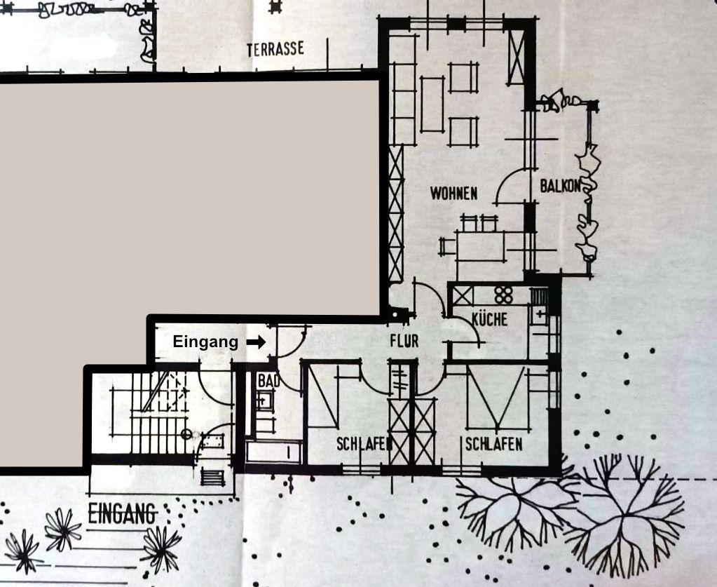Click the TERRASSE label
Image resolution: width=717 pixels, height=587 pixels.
(x=275, y=49)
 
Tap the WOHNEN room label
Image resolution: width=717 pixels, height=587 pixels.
(x=453, y=194)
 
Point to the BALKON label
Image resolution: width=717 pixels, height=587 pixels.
(x=560, y=187)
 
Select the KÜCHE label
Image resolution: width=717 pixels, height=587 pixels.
(x=489, y=319)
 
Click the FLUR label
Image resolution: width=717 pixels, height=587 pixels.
(x=404, y=341)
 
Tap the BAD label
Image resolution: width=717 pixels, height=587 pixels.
(x=268, y=381)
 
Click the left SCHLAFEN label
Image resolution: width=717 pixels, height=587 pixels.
(x=364, y=444)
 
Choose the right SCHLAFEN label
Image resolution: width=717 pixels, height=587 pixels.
(x=494, y=444)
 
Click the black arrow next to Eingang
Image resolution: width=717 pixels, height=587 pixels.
(x=256, y=342)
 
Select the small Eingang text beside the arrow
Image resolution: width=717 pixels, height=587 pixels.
(x=205, y=342)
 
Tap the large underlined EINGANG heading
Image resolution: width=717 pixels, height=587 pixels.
(x=122, y=514)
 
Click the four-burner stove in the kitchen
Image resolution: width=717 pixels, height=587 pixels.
(x=503, y=295)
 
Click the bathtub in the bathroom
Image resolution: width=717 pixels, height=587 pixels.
(x=273, y=452)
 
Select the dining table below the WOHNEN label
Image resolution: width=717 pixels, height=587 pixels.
(x=480, y=247)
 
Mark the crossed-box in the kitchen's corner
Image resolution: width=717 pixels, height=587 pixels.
(x=463, y=296)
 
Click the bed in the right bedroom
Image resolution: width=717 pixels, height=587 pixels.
(x=496, y=398)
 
